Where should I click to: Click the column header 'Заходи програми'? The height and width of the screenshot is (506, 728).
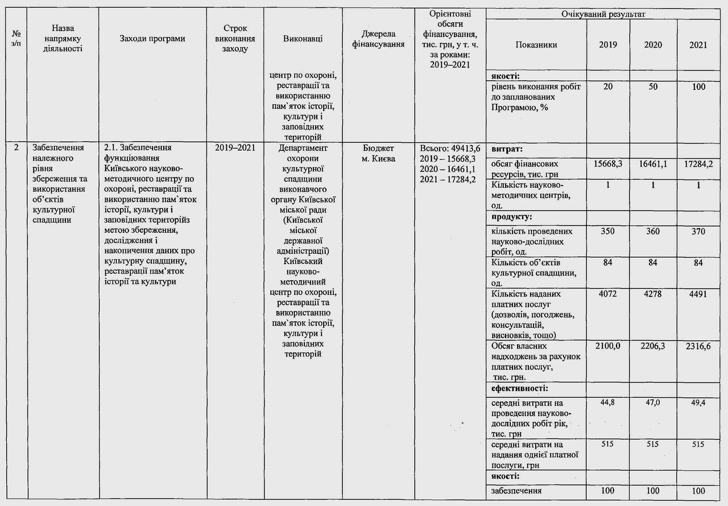pos(152,39)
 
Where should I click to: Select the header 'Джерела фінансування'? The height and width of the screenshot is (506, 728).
pos(378,39)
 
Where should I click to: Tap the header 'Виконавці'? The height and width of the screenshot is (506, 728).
pos(303,39)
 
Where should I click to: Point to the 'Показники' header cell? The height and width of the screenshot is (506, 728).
pos(536,45)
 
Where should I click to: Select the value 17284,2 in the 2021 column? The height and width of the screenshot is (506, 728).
pos(698,163)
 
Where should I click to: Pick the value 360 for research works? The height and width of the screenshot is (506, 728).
pos(653,232)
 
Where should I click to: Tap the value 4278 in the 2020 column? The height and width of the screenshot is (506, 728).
pos(653,294)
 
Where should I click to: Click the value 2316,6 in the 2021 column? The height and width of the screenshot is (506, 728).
pos(698,346)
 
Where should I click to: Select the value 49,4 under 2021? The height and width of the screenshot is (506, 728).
pos(698,402)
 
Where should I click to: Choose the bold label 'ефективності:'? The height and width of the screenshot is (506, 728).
pos(519,389)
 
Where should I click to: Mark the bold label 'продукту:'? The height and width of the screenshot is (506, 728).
pos(512,217)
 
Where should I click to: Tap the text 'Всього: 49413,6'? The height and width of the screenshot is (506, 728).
pos(450,148)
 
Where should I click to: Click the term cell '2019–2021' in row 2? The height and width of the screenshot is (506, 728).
pos(235,148)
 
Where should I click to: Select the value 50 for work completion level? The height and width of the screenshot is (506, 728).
pos(653,87)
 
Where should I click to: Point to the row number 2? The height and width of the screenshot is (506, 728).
pos(16,148)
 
